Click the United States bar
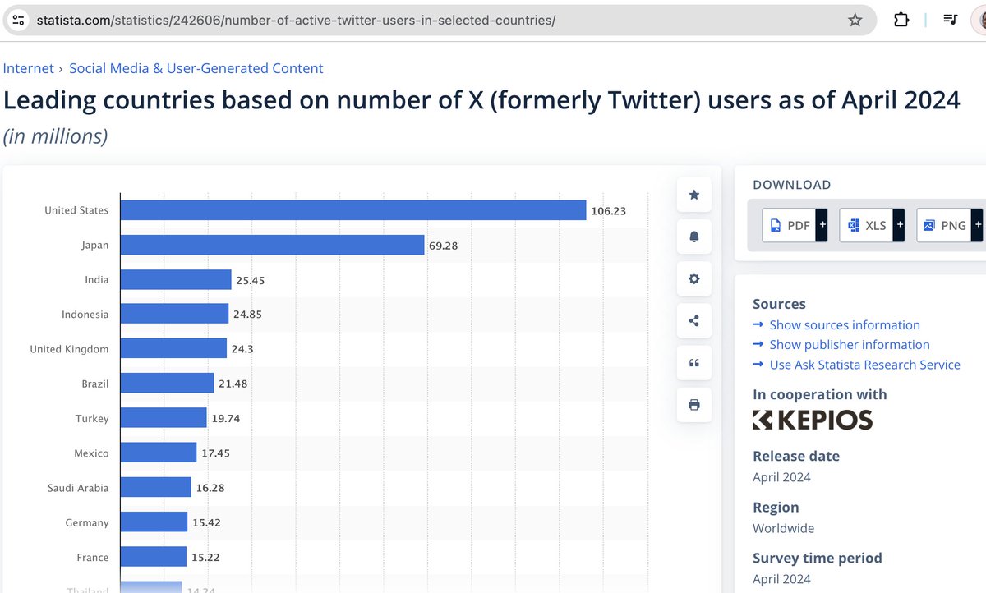[353, 210]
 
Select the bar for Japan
[272, 245]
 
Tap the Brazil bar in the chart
[167, 384]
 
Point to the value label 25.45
[250, 280]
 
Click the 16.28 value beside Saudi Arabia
[210, 488]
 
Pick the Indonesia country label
[85, 314]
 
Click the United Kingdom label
[69, 349]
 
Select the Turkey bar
[164, 417]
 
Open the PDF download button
[795, 225]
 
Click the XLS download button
[872, 225]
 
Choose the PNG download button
[949, 225]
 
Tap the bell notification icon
[694, 237]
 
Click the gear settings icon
[694, 278]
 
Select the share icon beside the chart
[694, 320]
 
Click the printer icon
[694, 405]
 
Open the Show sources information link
[845, 324]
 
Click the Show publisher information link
[849, 344]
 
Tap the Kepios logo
[813, 420]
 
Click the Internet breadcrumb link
[28, 68]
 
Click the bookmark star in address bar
[855, 20]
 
